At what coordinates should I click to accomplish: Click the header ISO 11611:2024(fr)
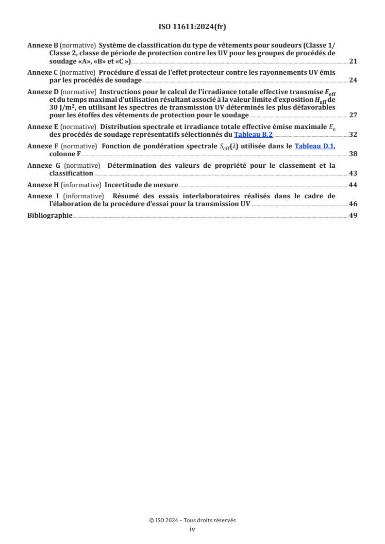[x=192, y=27]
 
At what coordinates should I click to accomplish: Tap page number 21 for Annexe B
[x=353, y=62]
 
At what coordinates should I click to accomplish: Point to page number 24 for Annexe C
[x=353, y=80]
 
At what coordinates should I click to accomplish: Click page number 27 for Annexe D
[x=353, y=115]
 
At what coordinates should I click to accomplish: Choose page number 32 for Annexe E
[x=353, y=135]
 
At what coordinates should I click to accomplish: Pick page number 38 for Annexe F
[x=353, y=154]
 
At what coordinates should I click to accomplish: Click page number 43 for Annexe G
[x=353, y=173]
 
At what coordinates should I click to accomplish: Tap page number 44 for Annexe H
[x=353, y=185]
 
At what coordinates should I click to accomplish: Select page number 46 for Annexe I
[x=353, y=204]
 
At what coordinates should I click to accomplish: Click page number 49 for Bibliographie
[x=353, y=215]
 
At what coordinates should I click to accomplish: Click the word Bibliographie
[x=50, y=215]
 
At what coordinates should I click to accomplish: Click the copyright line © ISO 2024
[x=192, y=520]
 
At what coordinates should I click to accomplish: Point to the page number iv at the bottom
[x=192, y=529]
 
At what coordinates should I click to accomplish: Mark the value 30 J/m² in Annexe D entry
[x=63, y=108]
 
